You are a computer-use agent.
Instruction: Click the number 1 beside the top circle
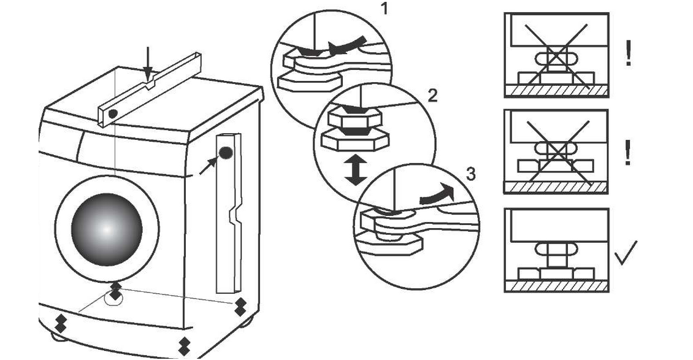(385, 9)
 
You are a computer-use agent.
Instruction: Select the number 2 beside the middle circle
(432, 96)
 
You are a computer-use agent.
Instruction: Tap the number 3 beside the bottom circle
(470, 174)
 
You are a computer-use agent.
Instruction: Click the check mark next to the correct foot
(626, 252)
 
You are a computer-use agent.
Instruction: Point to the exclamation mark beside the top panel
(628, 53)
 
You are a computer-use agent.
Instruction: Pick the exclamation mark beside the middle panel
(627, 153)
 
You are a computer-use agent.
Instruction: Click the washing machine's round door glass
(107, 229)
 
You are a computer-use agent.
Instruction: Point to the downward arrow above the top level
(147, 63)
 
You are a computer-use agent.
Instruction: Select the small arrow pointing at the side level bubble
(208, 164)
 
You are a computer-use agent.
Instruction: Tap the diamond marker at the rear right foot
(240, 306)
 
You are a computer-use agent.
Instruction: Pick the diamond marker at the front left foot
(61, 321)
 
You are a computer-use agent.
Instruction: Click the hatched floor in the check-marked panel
(556, 286)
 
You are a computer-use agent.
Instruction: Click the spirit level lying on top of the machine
(149, 90)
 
